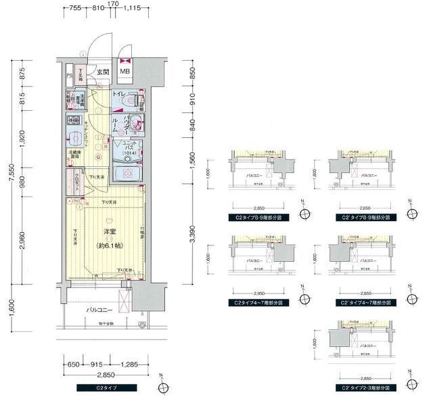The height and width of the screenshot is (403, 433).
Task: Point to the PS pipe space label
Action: (x=69, y=76)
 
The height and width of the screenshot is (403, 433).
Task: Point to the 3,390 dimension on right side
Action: (x=191, y=233)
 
